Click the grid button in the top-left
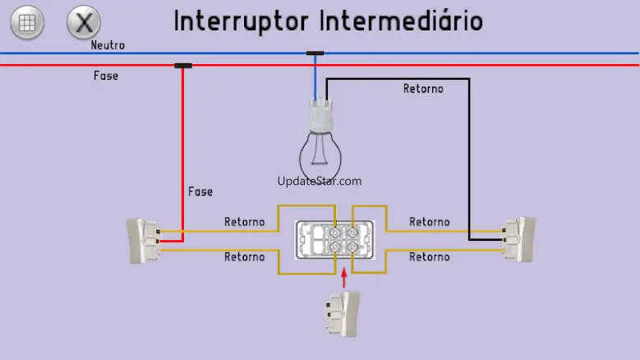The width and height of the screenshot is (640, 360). pyautogui.click(x=27, y=23)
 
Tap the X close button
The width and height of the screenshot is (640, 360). pyautogui.click(x=82, y=23)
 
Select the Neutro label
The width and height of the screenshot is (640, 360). pyautogui.click(x=108, y=45)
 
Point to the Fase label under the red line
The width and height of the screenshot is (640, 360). pyautogui.click(x=106, y=76)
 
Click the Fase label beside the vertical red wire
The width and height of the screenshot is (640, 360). pyautogui.click(x=200, y=192)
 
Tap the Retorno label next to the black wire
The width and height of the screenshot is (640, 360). pyautogui.click(x=423, y=88)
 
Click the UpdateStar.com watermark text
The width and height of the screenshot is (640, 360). pyautogui.click(x=320, y=182)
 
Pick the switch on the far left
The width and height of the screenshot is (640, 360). pyautogui.click(x=141, y=240)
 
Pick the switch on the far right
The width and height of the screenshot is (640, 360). pyautogui.click(x=519, y=238)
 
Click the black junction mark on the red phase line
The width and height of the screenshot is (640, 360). pyautogui.click(x=183, y=65)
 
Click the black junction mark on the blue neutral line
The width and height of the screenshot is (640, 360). pyautogui.click(x=315, y=53)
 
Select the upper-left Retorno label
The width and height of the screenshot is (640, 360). pyautogui.click(x=245, y=222)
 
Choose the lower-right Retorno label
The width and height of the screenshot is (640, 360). pyautogui.click(x=430, y=257)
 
